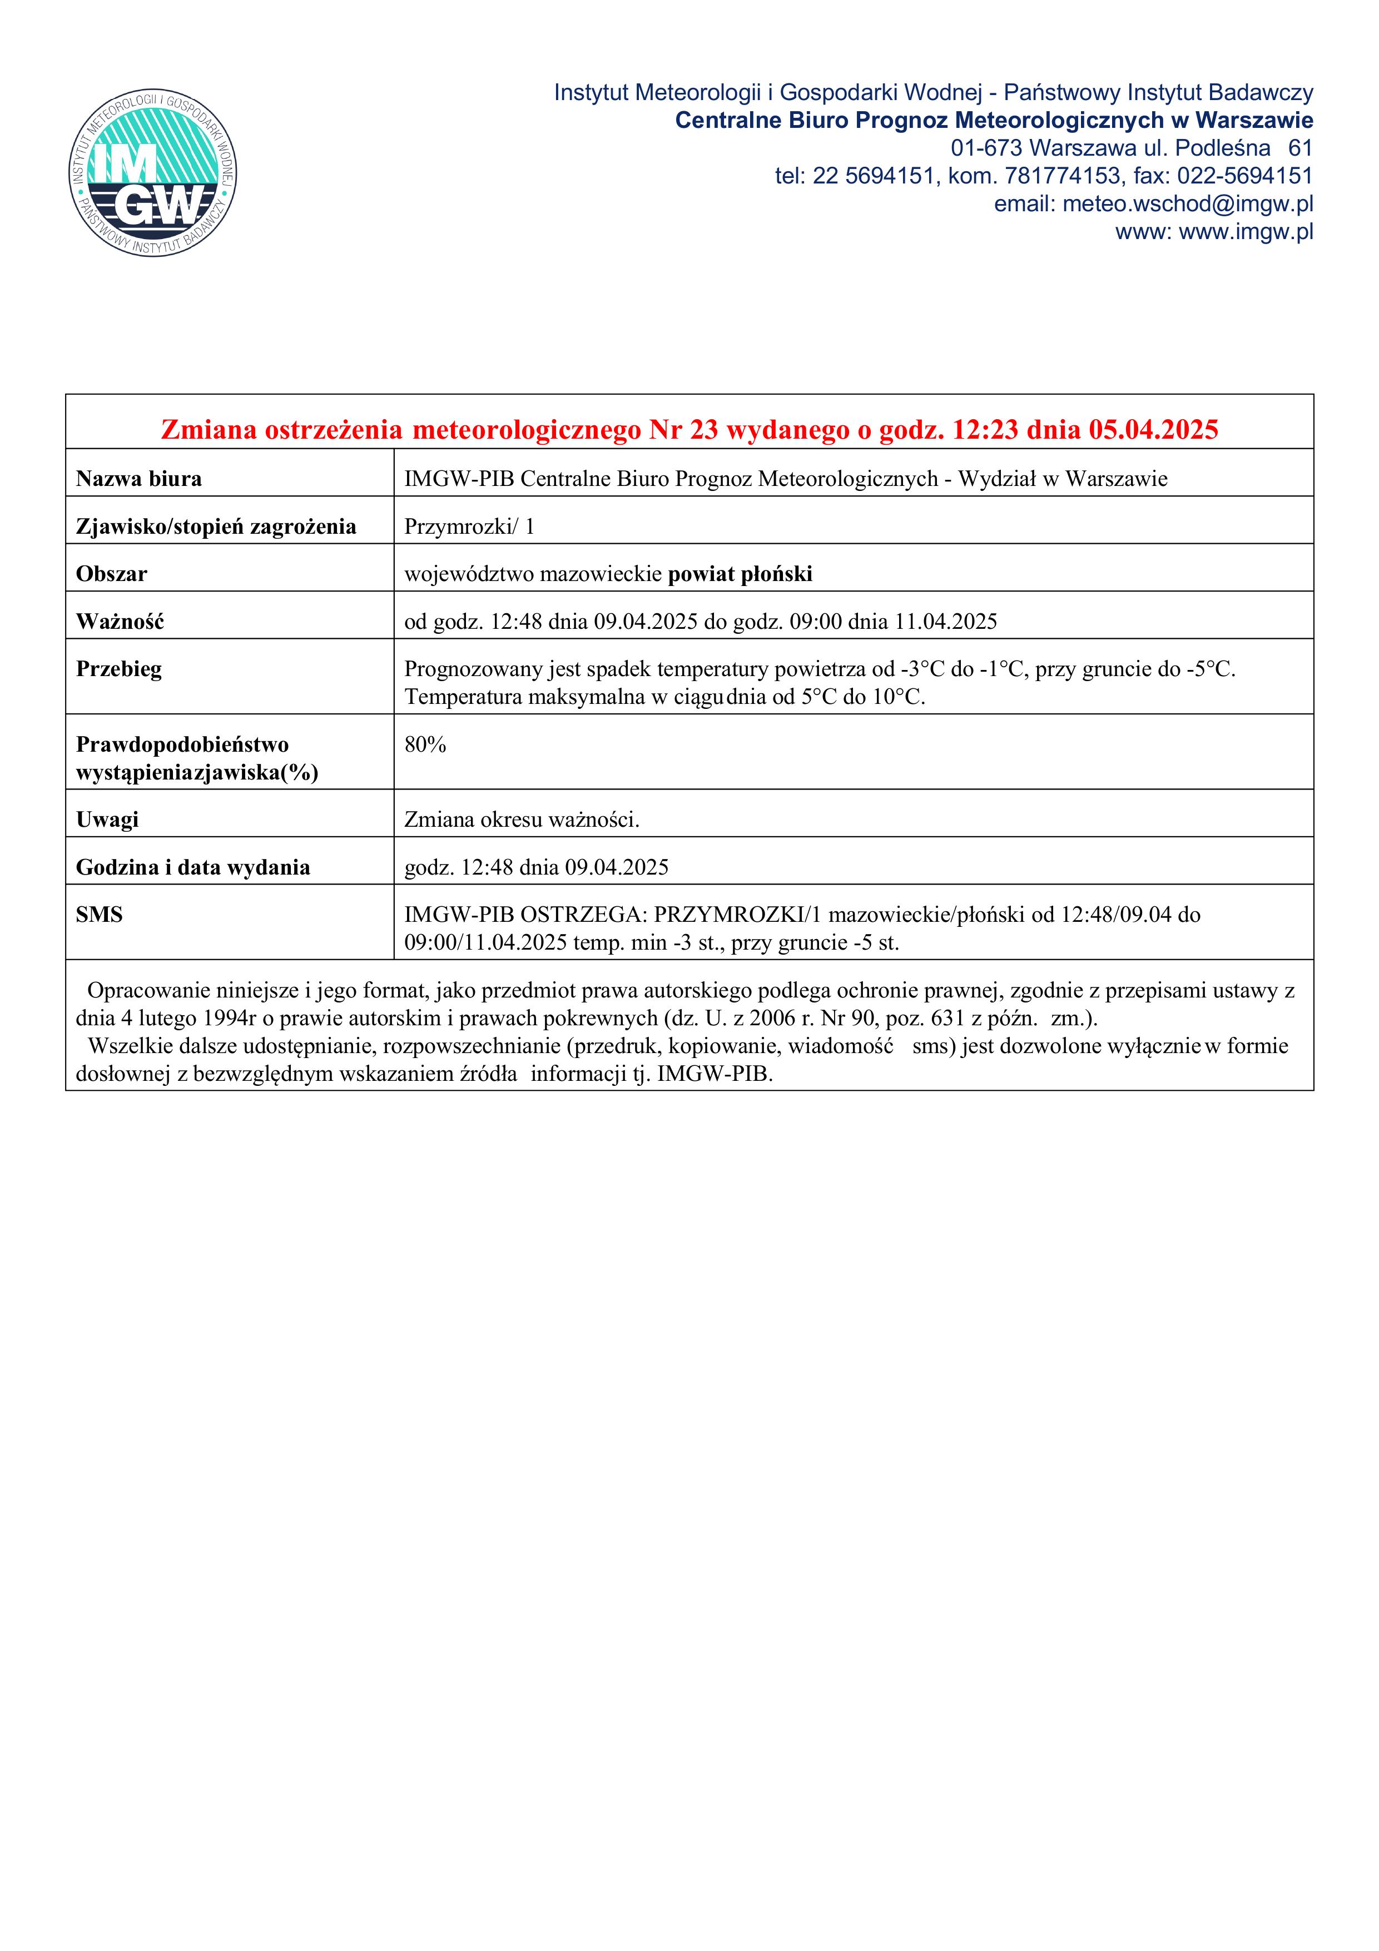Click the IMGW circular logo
(153, 173)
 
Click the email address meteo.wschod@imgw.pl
(1187, 204)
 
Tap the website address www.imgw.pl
(1246, 232)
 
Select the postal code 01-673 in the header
(986, 148)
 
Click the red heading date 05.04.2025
(1153, 430)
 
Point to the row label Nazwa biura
(138, 479)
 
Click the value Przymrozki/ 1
(469, 527)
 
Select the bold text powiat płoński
(740, 574)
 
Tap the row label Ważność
(120, 622)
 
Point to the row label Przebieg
(119, 669)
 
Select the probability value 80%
(425, 745)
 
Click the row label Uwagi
(107, 820)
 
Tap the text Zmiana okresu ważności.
(522, 820)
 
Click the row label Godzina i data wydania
(193, 867)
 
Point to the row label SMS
(100, 915)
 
